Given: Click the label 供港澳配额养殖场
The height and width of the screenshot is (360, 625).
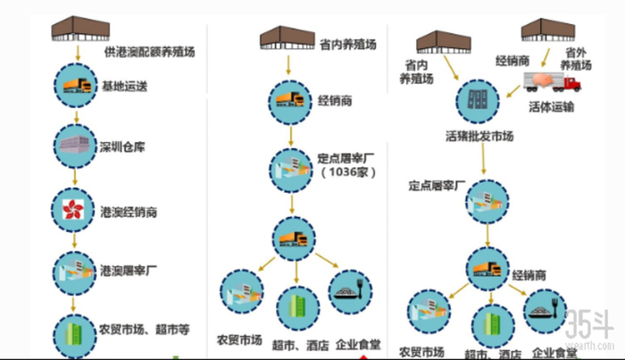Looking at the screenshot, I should tap(149, 52).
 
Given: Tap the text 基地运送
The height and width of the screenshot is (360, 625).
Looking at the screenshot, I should tap(126, 87).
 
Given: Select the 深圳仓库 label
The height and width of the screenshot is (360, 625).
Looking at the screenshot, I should tap(121, 146).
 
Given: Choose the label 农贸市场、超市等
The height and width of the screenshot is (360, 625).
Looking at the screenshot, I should tap(145, 329).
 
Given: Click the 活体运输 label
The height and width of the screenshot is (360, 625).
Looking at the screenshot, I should tap(551, 107).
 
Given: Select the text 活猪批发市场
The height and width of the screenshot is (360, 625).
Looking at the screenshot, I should tap(479, 137).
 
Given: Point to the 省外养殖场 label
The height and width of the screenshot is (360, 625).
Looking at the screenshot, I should tap(576, 59).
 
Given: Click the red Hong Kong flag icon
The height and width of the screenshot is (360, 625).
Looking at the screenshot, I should tap(75, 211).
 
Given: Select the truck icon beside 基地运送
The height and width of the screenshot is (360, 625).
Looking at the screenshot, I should tap(75, 87).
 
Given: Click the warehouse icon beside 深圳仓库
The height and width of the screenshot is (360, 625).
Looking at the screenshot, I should tap(75, 146).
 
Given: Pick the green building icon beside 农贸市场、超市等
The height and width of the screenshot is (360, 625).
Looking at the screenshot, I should tap(75, 330).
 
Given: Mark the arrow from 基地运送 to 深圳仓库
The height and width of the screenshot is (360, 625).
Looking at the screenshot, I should tap(76, 117).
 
